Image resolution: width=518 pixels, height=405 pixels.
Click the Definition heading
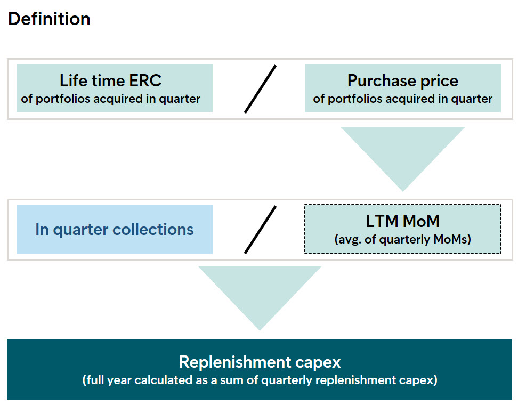(x=49, y=19)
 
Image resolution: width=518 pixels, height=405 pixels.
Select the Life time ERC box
(x=114, y=88)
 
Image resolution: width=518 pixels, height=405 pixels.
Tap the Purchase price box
(x=403, y=88)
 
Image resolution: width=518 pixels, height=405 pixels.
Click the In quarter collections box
(x=114, y=229)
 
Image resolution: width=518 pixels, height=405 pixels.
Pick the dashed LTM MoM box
(x=403, y=229)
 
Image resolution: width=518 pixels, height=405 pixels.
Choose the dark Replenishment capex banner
(x=260, y=370)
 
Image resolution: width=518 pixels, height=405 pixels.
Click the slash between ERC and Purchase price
(x=260, y=89)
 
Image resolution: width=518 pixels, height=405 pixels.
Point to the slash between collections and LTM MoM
(x=260, y=230)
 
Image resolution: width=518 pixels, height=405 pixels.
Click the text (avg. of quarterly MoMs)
(x=403, y=239)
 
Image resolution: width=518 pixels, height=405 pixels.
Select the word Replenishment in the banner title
(x=234, y=362)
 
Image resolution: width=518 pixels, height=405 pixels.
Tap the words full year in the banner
(x=107, y=380)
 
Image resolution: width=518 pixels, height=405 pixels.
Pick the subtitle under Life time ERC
(x=111, y=99)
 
